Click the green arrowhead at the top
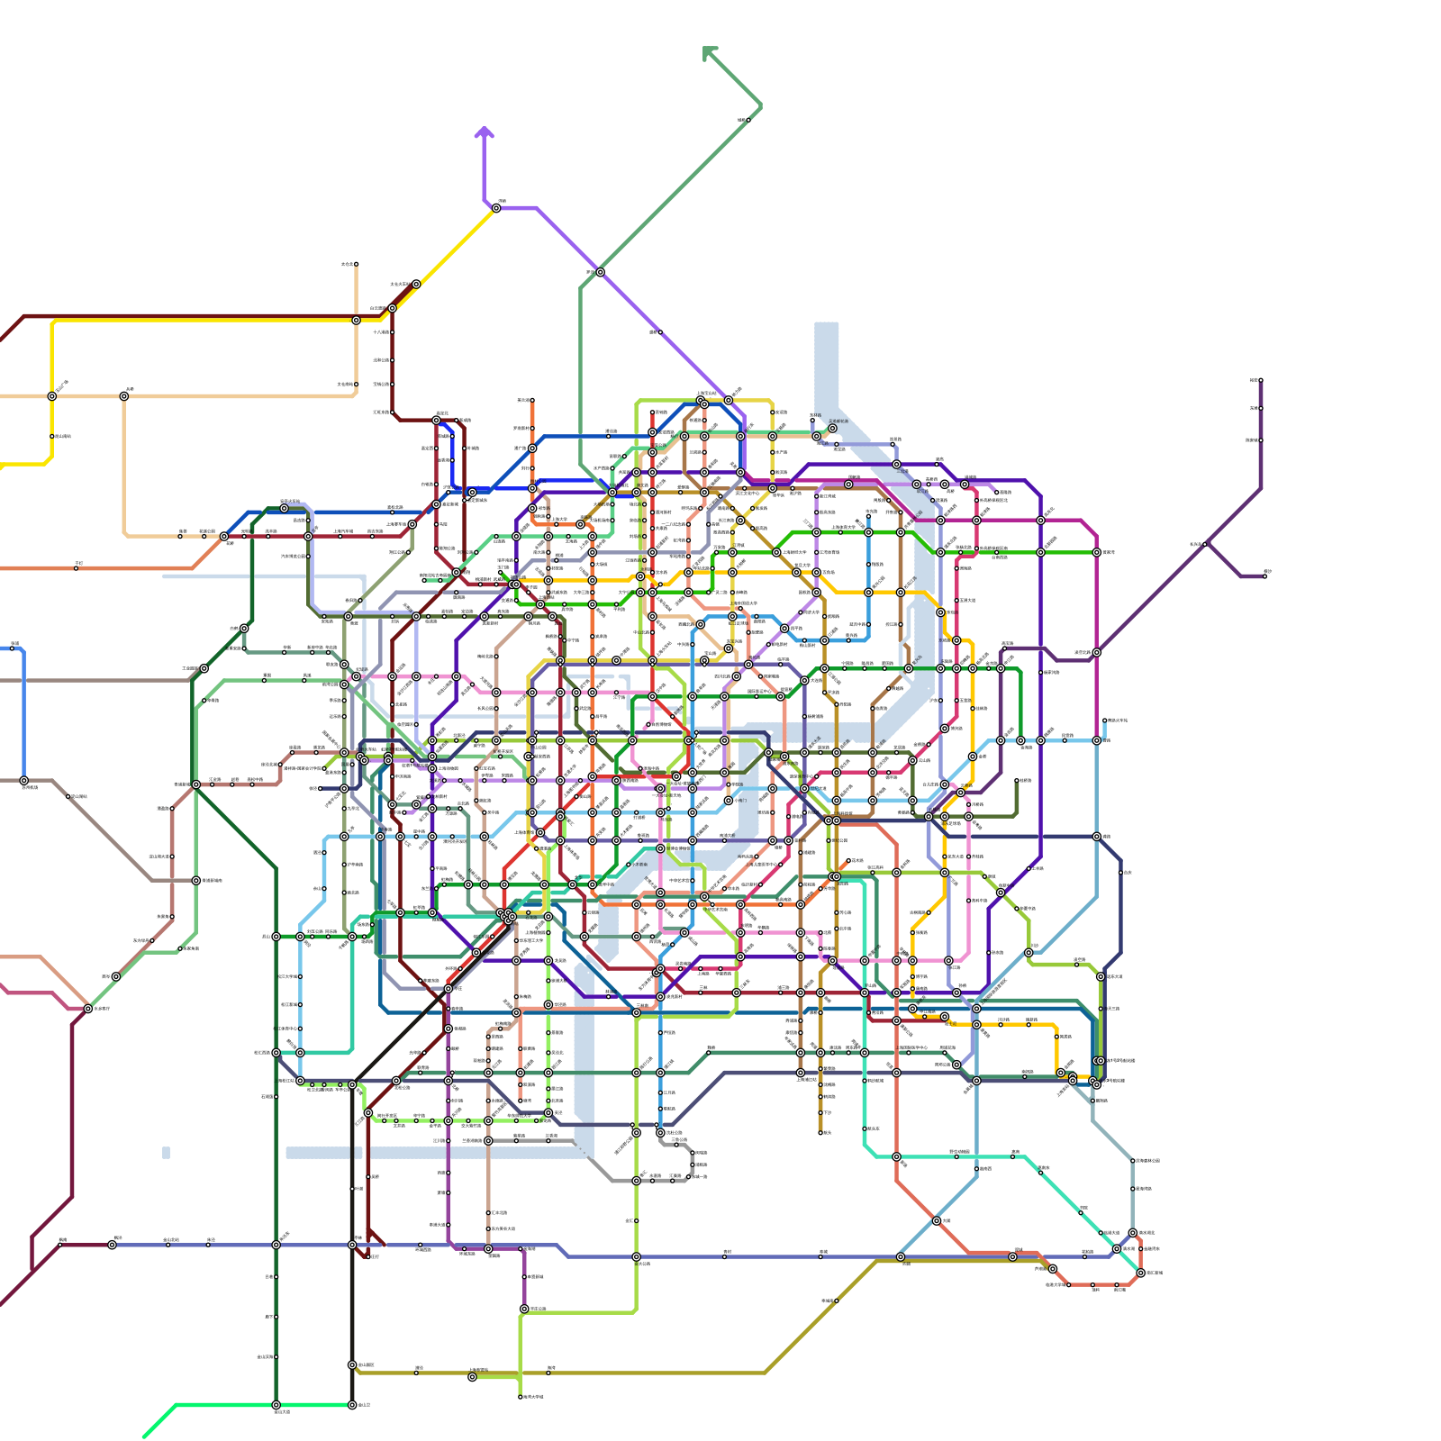coord(710,53)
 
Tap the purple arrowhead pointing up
coord(485,132)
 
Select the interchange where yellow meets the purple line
coord(496,208)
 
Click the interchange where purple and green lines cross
coord(600,272)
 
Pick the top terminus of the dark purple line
coord(1260,380)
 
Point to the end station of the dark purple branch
coord(1265,575)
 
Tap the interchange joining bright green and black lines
coord(352,1404)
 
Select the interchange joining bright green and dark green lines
coord(276,1404)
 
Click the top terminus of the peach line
coord(356,265)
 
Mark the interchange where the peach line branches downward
coord(124,396)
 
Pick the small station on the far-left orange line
coord(77,568)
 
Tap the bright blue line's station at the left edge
coord(14,647)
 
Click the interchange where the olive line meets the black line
coord(352,1364)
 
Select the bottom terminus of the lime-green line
coord(521,1397)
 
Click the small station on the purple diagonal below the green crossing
coord(660,332)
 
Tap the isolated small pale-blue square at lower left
coord(166,1152)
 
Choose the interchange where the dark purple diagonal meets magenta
coord(1097,652)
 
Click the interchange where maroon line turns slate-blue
coord(112,1245)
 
